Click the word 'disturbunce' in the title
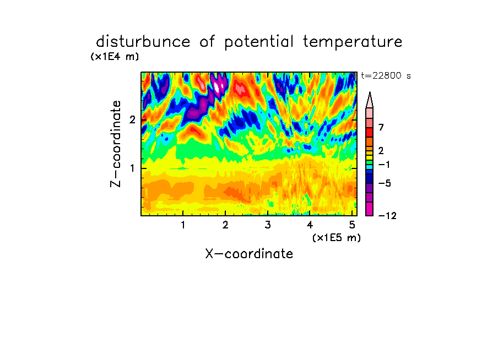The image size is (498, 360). [x=143, y=42]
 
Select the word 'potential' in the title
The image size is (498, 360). [x=259, y=42]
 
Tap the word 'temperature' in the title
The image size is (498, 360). [x=353, y=42]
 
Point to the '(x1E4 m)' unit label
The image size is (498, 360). [x=115, y=57]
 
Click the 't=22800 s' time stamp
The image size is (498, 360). [x=386, y=76]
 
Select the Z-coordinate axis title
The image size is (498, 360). [x=116, y=144]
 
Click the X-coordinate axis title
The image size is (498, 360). [x=249, y=254]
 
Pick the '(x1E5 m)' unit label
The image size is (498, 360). [x=337, y=238]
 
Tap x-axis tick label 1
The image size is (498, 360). [x=183, y=225]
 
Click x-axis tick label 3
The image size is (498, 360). [x=268, y=225]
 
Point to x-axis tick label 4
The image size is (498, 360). [x=310, y=225]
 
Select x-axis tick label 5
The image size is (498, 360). [x=352, y=225]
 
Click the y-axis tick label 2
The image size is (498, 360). [x=132, y=119]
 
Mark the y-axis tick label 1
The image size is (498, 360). [x=132, y=168]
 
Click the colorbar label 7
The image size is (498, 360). [x=381, y=127]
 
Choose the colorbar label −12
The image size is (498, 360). [x=387, y=216]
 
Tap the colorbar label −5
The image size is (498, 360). [x=385, y=183]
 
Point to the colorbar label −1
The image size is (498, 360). [x=384, y=165]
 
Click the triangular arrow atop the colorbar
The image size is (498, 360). [x=370, y=100]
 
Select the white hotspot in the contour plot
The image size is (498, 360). [x=217, y=86]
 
